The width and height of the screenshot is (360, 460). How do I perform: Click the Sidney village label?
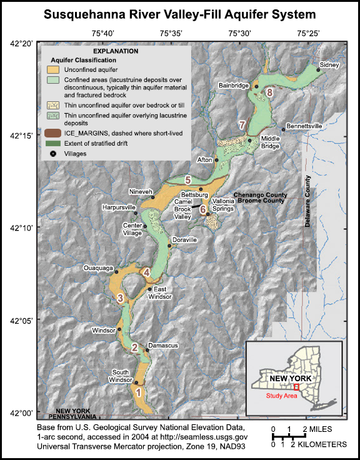pos(329,64)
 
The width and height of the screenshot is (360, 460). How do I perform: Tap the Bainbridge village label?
pos(233,84)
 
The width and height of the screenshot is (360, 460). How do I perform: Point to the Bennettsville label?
pos(304,126)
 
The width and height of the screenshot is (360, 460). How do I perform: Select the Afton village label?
pos(204,160)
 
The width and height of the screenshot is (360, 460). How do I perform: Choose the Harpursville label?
pos(120,206)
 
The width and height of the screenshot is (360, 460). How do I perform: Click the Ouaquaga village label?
pos(97,268)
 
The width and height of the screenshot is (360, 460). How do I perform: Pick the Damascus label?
pos(164,345)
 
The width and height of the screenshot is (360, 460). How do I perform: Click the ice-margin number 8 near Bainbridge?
pos(269,92)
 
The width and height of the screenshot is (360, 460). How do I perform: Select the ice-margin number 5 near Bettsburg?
pos(187,180)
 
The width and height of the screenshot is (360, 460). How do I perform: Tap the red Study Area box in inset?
pos(296,387)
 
